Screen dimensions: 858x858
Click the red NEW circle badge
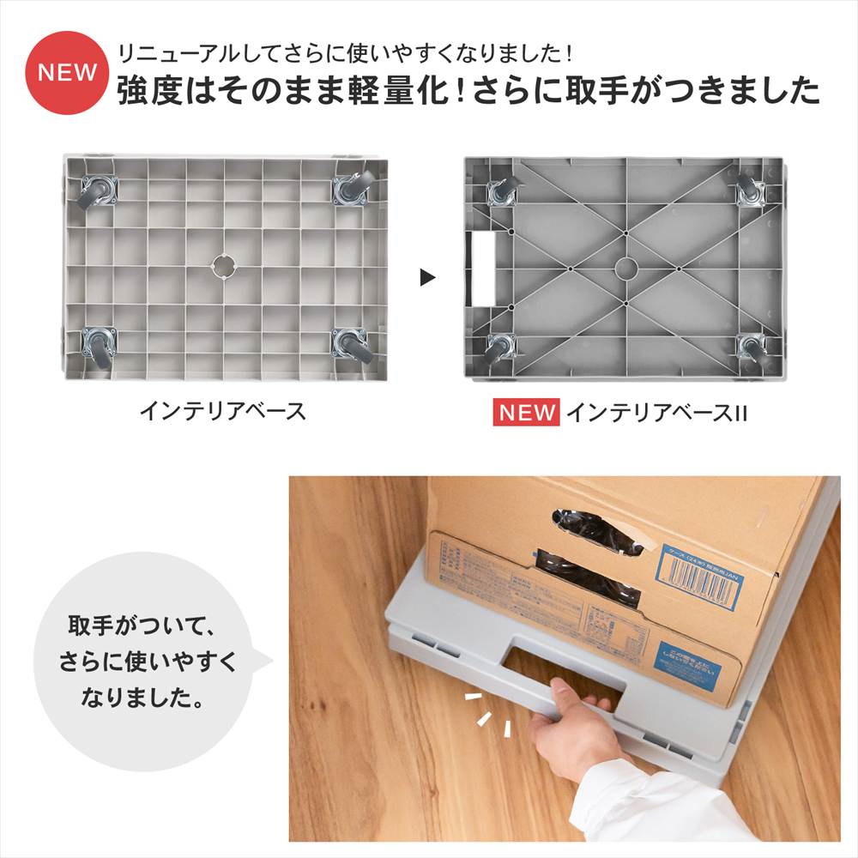tap(67, 73)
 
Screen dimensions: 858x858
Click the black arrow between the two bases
tap(427, 278)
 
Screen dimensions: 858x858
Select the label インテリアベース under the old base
tap(222, 411)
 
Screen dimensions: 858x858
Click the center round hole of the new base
tap(626, 268)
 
